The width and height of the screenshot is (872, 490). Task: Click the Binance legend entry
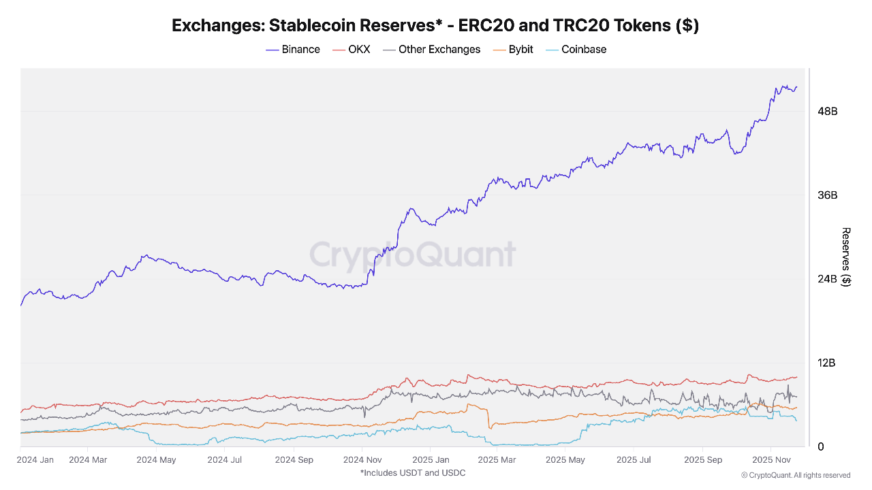(x=293, y=49)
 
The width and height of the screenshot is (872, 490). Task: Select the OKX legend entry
(x=351, y=49)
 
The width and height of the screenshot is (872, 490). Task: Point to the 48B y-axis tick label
(x=827, y=111)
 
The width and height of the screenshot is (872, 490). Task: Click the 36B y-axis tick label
(x=827, y=195)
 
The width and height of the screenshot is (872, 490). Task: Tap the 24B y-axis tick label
(x=827, y=279)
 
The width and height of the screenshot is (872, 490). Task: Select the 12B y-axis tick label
(x=827, y=363)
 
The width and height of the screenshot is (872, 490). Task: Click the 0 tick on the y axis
(x=820, y=446)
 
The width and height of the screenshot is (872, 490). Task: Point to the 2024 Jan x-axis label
(x=36, y=459)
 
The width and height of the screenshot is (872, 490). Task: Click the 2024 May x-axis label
(x=156, y=459)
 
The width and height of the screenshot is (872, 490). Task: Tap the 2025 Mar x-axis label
(x=497, y=459)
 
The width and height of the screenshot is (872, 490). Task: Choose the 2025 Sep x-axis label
(x=704, y=459)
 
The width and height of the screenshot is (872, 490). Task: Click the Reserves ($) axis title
(x=846, y=257)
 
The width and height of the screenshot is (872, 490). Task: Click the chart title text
(x=435, y=26)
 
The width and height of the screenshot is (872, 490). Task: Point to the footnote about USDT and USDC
(x=413, y=472)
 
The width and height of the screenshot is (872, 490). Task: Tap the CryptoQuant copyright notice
(x=795, y=475)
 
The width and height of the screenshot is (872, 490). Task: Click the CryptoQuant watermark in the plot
(x=413, y=255)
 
